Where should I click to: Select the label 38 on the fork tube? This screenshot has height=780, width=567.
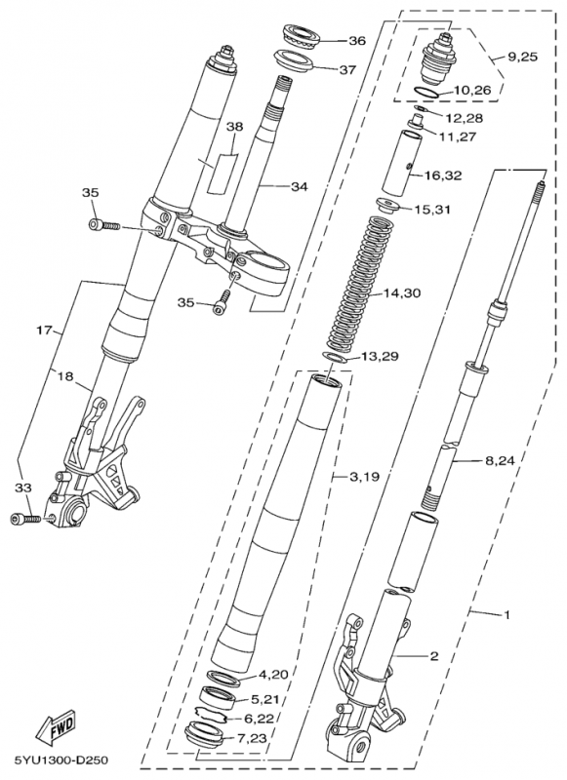[x=234, y=128]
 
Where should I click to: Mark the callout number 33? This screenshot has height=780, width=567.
[x=21, y=486]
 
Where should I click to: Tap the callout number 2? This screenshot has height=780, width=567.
[x=432, y=656]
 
